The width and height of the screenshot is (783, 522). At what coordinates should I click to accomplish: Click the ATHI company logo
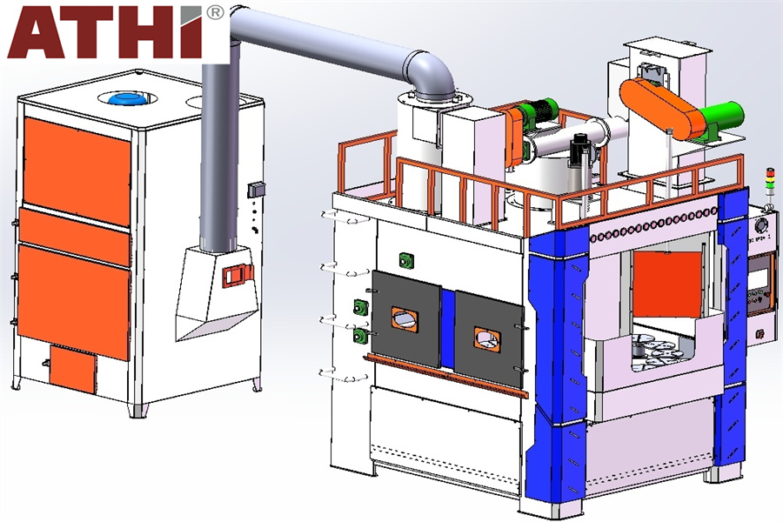[106, 31]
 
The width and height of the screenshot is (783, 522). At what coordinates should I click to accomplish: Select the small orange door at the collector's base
[73, 369]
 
